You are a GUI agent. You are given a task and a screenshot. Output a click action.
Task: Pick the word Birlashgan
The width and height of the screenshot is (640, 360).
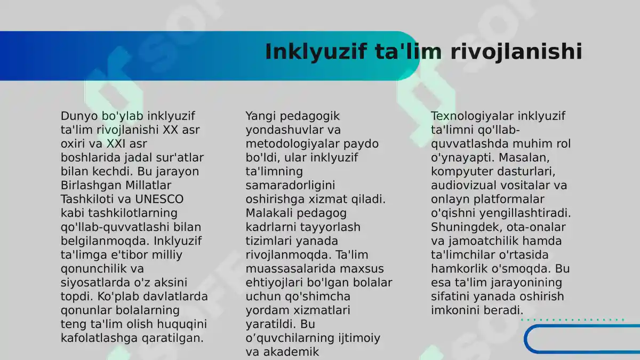(89, 186)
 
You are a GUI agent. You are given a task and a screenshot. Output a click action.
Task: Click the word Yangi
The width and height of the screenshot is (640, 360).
(260, 116)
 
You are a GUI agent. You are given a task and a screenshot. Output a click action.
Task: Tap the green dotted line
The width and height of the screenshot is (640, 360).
(572, 320)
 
